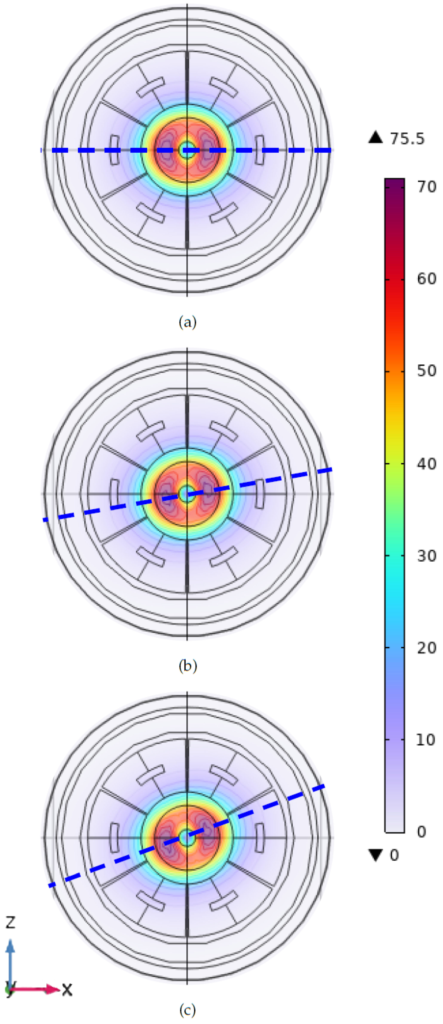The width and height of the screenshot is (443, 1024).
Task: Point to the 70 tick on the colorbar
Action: point(427,187)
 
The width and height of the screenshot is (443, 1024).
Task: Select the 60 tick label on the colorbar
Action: point(427,279)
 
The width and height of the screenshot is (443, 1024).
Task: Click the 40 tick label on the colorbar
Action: point(427,463)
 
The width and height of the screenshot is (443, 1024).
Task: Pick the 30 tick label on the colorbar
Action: point(427,556)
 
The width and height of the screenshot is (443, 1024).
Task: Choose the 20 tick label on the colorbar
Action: point(427,648)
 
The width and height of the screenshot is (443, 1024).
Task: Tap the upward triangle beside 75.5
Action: point(375,138)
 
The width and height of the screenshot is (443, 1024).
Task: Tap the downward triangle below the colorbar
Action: point(375,855)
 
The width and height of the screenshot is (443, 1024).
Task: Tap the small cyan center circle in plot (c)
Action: point(186,838)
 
